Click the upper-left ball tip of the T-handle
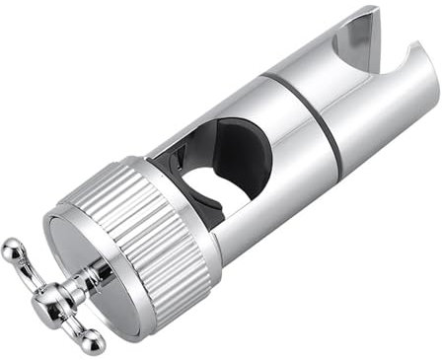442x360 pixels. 10,248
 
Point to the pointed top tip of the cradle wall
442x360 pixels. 374,11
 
